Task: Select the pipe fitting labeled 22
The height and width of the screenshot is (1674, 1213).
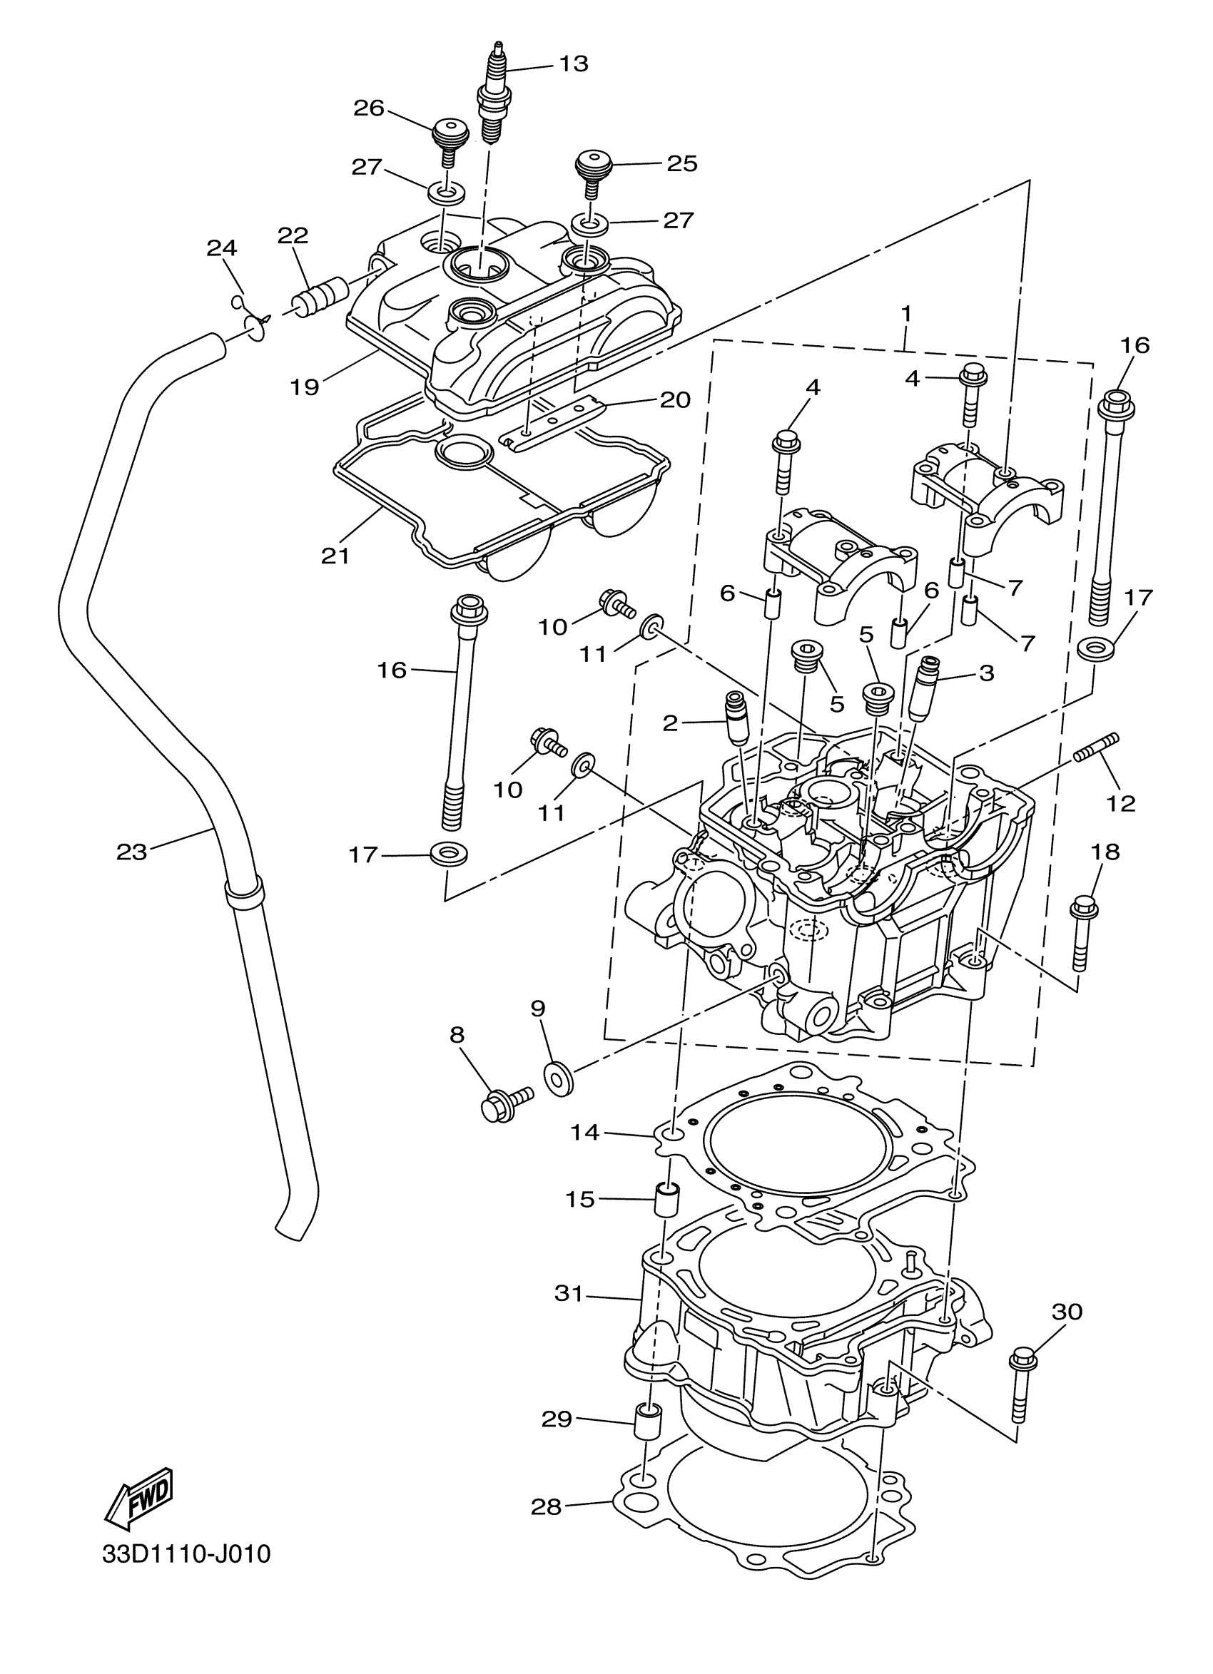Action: click(x=321, y=295)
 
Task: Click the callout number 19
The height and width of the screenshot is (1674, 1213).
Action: click(x=304, y=386)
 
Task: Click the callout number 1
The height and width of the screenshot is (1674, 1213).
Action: click(x=905, y=314)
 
